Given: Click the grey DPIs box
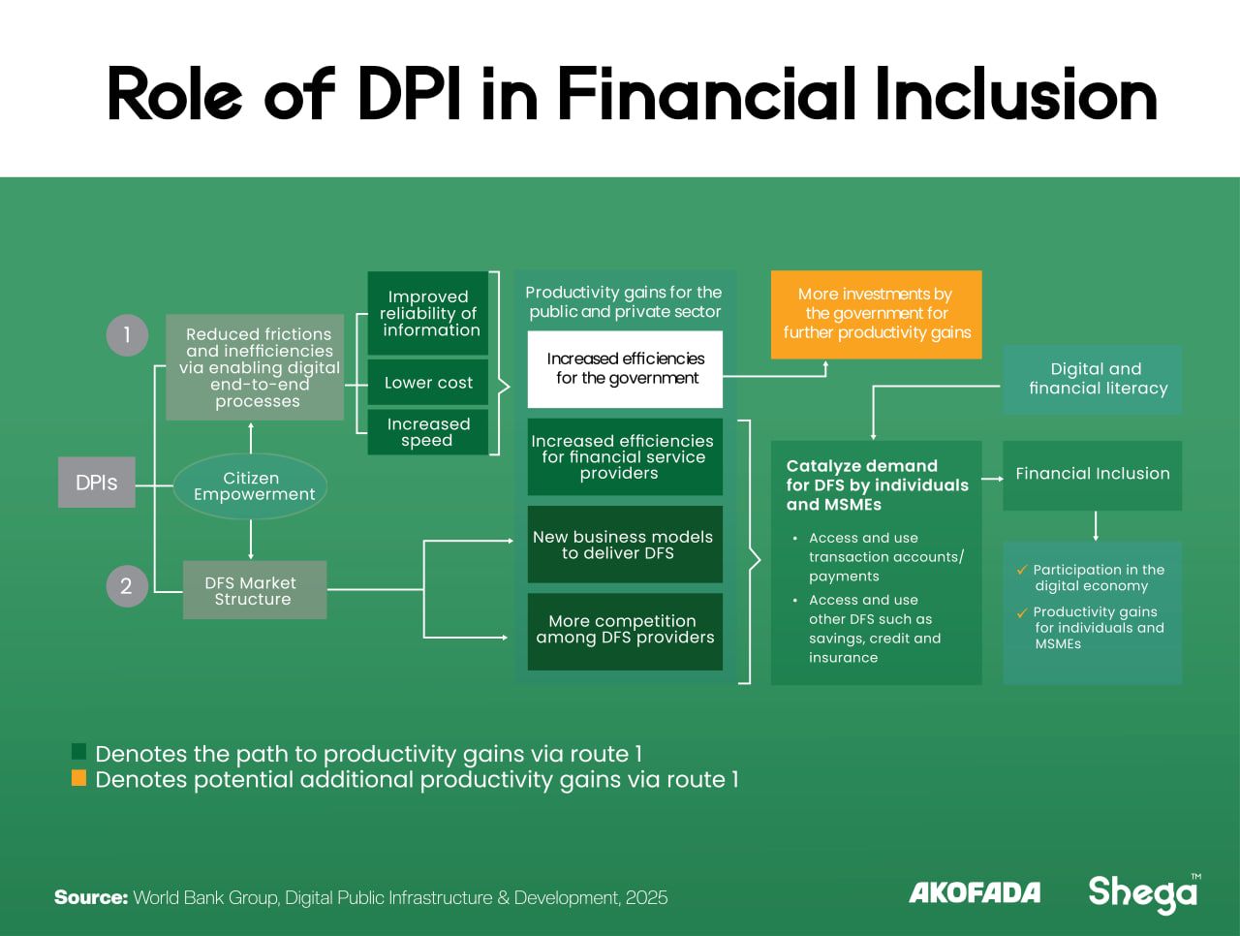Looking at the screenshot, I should [97, 483].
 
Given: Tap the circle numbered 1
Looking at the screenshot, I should [127, 335].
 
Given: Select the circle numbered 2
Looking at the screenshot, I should [127, 586].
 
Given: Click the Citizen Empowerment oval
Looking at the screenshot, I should [251, 485].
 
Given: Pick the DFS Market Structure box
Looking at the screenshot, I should [254, 590].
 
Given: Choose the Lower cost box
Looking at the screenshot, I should [428, 383].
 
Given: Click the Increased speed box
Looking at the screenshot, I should [428, 432].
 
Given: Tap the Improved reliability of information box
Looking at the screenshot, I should [428, 313].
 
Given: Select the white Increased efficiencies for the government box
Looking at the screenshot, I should [625, 369].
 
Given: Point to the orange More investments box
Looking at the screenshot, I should [876, 314].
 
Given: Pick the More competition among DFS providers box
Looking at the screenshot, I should [625, 631].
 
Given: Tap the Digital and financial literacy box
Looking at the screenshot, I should [1093, 379].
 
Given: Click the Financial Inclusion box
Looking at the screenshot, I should [1093, 475].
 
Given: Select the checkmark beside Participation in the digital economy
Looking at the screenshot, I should [1022, 570].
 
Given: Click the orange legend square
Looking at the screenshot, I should [79, 778].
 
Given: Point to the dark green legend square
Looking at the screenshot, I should [79, 752].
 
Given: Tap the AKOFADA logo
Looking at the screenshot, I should [974, 892].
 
